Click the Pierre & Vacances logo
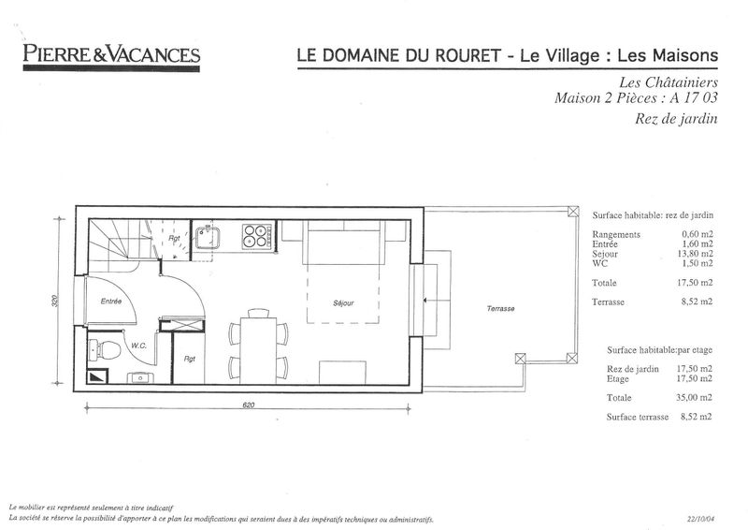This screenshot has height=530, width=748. [111, 57]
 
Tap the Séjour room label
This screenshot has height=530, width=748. [343, 303]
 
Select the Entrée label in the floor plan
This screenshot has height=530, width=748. [111, 302]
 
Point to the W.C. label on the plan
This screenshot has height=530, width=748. [138, 346]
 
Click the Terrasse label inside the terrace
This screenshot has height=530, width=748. [500, 309]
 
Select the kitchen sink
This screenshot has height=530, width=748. [207, 238]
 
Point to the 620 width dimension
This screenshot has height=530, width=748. [248, 405]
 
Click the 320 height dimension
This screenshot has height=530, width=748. [54, 301]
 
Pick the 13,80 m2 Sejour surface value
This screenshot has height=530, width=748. [695, 254]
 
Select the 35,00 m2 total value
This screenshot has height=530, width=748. [694, 397]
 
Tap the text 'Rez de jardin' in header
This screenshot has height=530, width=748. [676, 119]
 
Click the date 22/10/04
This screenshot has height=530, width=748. [701, 519]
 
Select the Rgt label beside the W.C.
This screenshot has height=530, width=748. [190, 359]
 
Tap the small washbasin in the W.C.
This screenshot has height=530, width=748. [139, 378]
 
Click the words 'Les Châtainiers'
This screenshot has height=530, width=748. [669, 82]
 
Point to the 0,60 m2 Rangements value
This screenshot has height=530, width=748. [697, 234]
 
